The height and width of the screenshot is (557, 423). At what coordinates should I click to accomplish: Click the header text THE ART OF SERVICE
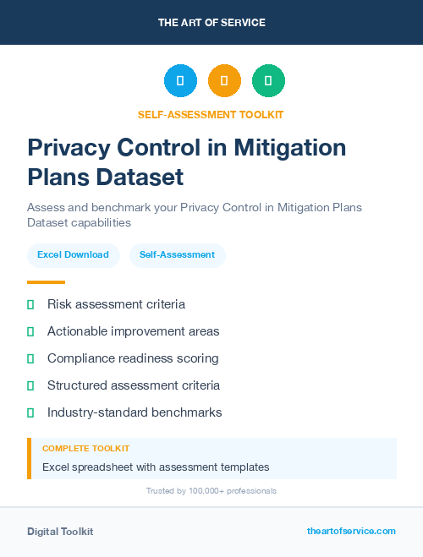(211, 23)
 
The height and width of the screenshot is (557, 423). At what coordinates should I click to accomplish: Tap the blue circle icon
(180, 81)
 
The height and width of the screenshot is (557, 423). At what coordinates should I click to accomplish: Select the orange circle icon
(224, 81)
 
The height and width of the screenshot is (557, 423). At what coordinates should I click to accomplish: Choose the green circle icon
(268, 81)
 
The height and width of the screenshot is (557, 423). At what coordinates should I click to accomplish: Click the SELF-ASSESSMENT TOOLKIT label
(211, 114)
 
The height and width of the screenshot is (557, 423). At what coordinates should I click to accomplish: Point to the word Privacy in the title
(67, 148)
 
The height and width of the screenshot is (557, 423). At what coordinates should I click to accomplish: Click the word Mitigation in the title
(291, 148)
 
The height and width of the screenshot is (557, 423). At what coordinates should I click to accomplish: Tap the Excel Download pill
(73, 254)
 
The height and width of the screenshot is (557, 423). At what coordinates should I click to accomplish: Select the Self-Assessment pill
(177, 254)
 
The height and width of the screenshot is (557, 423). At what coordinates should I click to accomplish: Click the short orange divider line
(46, 282)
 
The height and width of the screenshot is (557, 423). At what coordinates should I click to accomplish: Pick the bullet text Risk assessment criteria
(116, 304)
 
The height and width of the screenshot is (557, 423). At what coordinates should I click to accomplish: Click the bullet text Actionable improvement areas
(133, 331)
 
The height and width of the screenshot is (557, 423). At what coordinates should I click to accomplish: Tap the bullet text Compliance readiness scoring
(133, 358)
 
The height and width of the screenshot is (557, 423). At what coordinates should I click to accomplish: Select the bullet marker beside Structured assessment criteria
(30, 385)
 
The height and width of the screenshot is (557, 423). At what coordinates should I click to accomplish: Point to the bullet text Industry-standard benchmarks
(135, 412)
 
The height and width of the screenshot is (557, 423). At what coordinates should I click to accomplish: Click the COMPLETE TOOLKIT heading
(85, 448)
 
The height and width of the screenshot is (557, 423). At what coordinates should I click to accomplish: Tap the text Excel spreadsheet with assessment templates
(156, 467)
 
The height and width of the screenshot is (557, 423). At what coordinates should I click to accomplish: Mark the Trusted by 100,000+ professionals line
(211, 490)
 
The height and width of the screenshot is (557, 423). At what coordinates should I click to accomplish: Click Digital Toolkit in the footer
(60, 532)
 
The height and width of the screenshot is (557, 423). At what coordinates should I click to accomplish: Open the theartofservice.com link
(351, 531)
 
